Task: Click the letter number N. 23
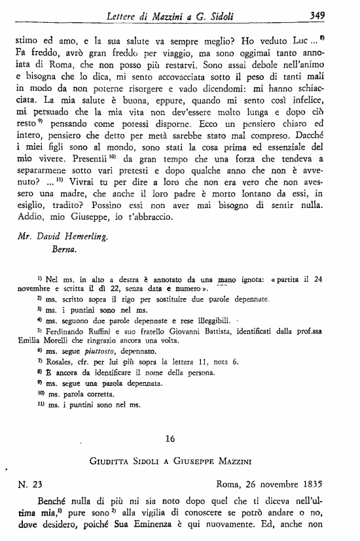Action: [29, 485]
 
